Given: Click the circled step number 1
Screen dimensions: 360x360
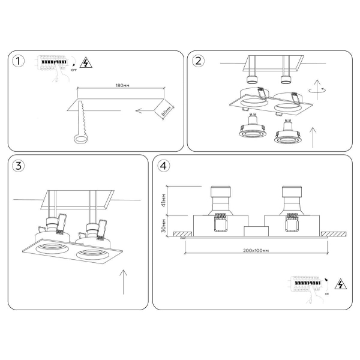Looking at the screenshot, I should pyautogui.click(x=20, y=62).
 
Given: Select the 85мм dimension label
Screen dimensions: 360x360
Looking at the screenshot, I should pyautogui.click(x=166, y=112).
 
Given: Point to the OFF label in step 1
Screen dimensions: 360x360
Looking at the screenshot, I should pyautogui.click(x=74, y=70).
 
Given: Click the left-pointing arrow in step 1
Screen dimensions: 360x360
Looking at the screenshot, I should pyautogui.click(x=144, y=110).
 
